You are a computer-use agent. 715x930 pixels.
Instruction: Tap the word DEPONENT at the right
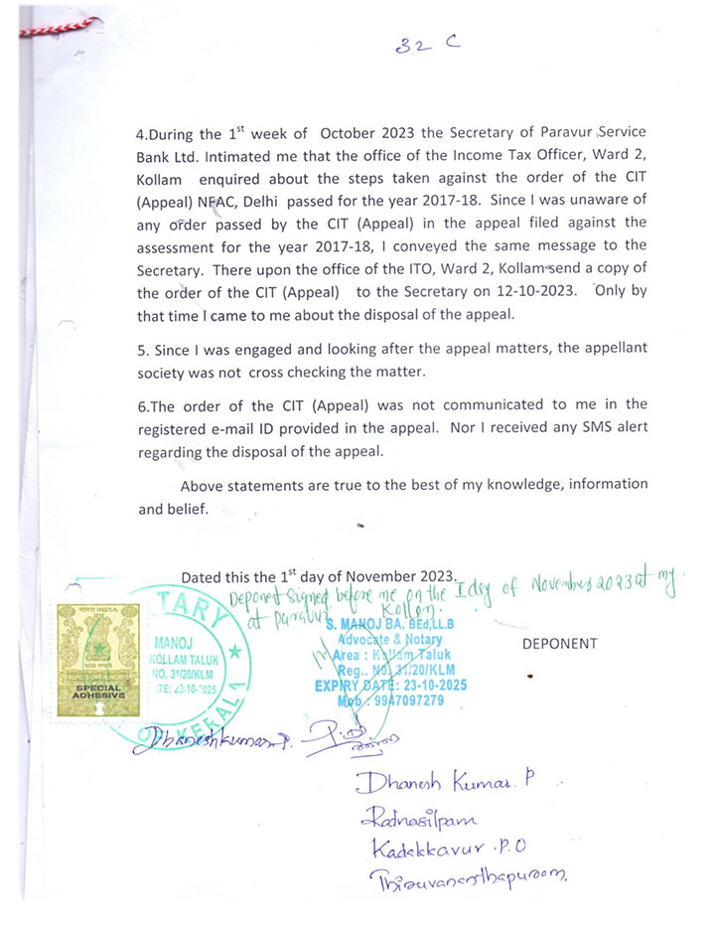[x=560, y=644]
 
